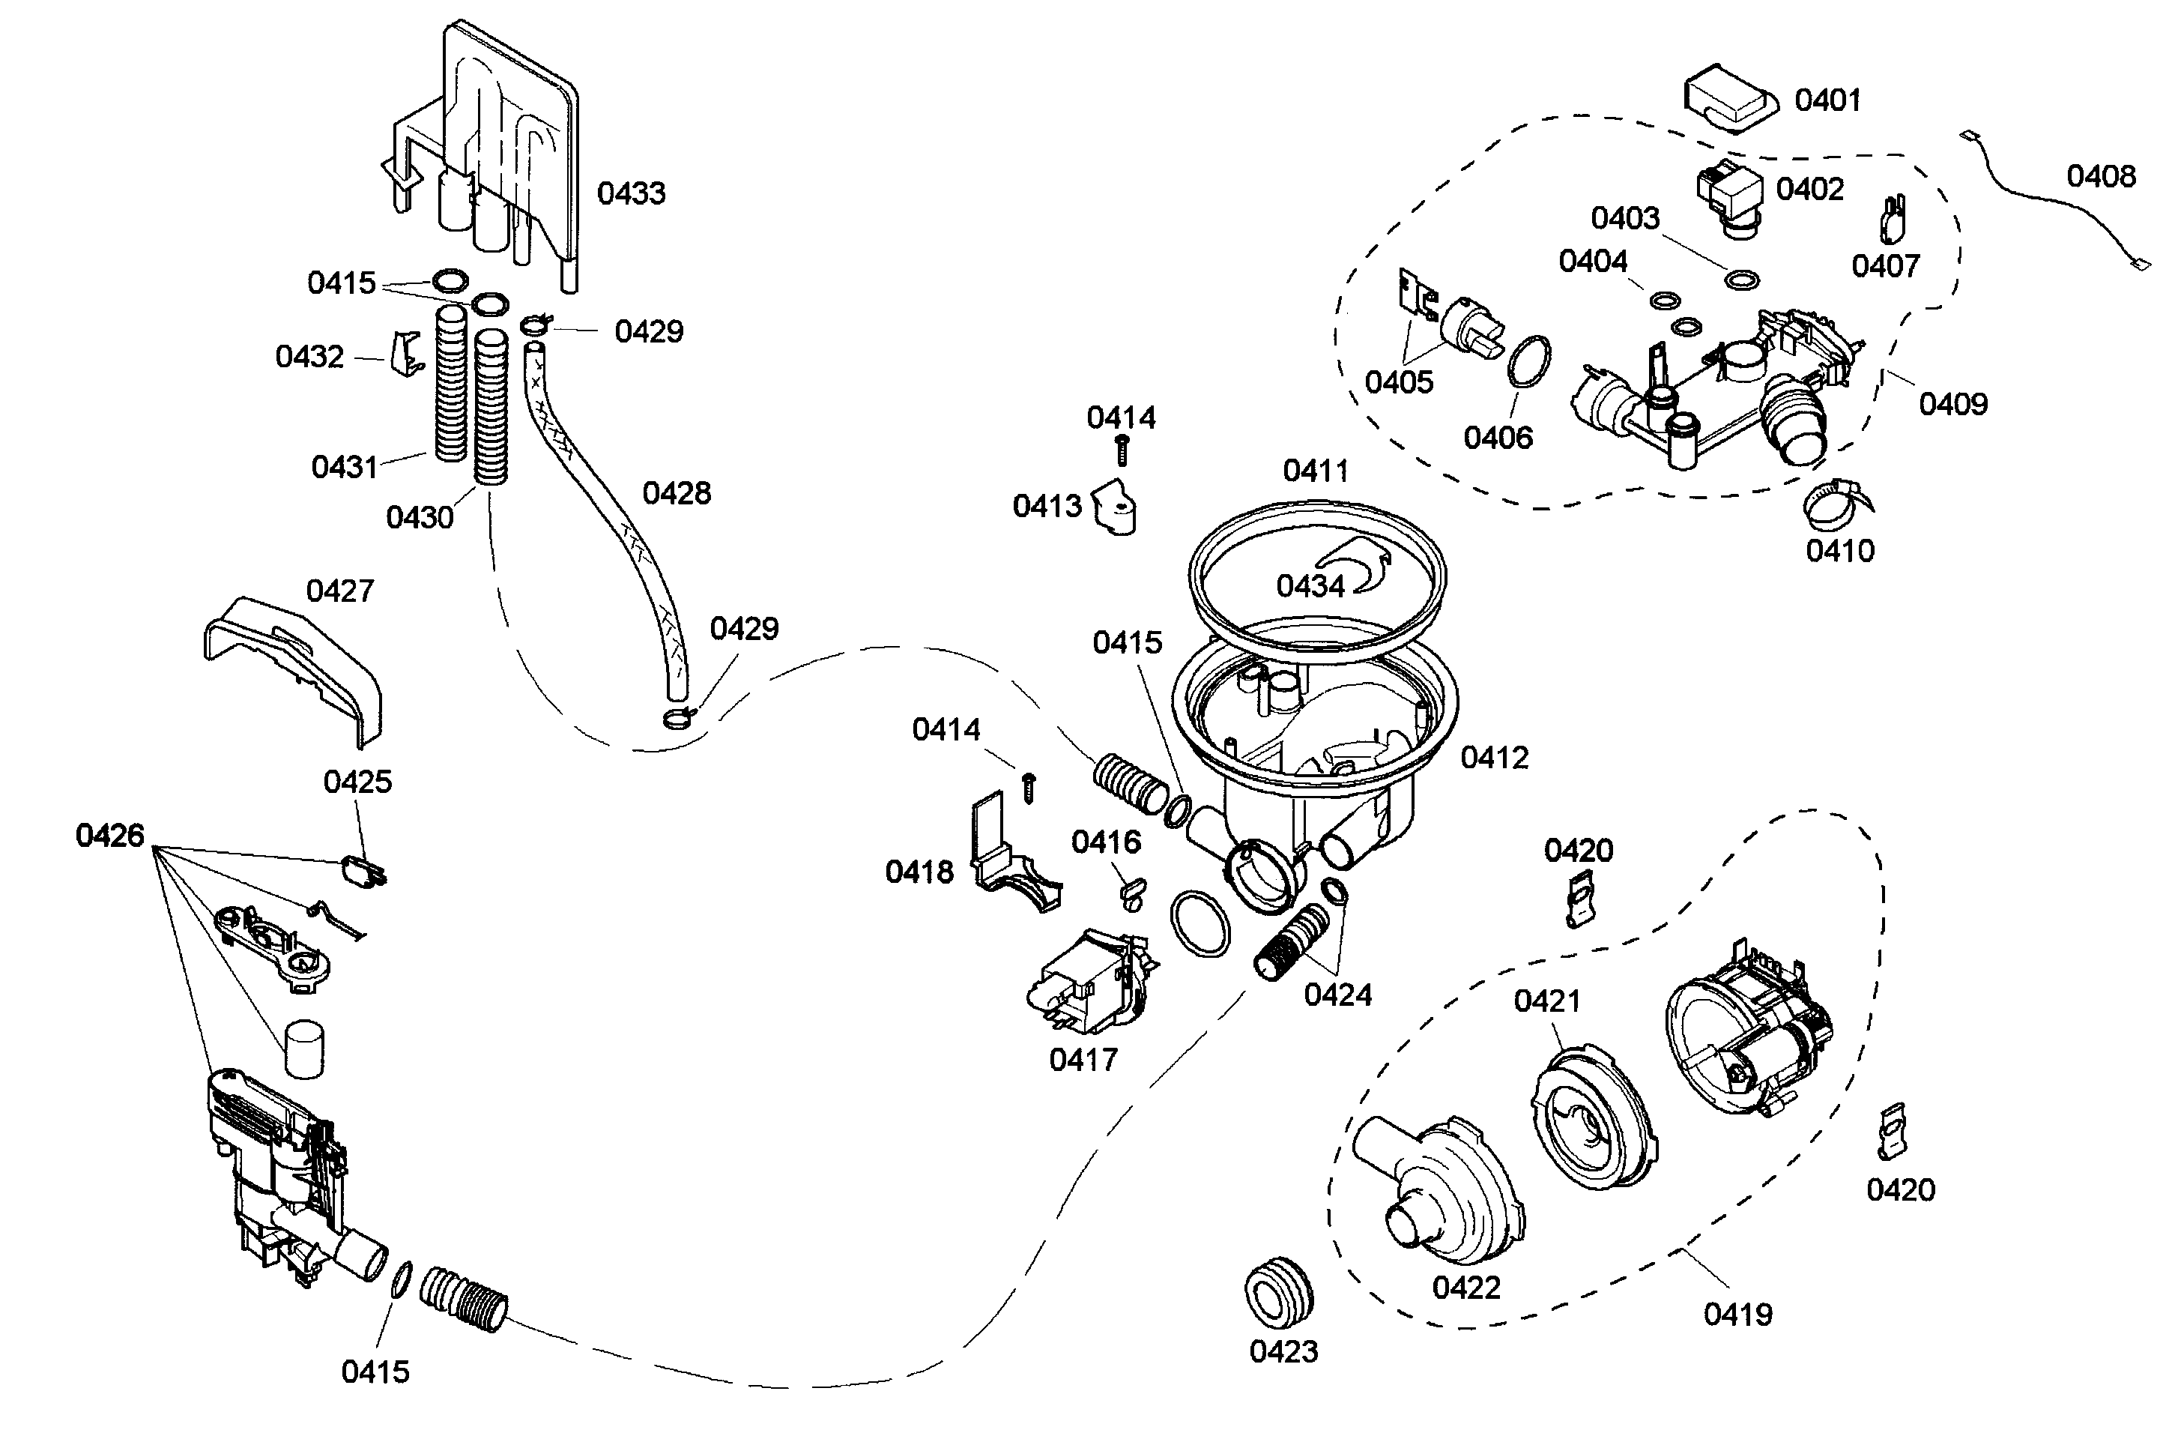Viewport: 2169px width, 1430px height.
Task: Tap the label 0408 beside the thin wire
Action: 2100,176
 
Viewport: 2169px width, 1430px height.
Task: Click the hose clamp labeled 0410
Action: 1836,504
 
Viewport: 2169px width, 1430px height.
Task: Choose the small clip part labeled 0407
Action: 1895,219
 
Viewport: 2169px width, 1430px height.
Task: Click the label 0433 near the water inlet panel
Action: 631,193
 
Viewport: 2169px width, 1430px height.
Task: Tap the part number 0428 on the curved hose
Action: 676,493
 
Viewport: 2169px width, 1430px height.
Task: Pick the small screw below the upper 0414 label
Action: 1122,450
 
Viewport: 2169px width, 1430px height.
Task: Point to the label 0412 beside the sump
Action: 1493,758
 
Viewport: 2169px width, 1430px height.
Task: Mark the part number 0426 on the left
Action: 110,836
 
